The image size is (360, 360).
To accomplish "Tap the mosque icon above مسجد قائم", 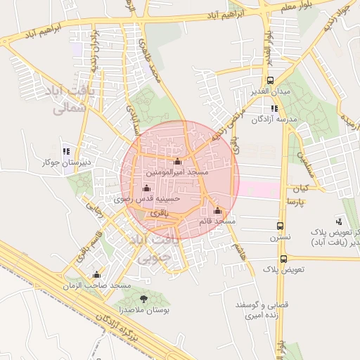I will coord(217,210).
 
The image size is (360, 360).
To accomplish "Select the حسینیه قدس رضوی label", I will coord(153,199).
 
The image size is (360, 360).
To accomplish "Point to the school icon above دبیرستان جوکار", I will coord(66,151).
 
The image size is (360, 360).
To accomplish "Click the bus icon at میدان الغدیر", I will coord(271,82).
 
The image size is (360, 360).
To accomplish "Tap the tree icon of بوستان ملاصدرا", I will coord(143,299).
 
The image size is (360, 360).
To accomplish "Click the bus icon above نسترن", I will coord(281,226).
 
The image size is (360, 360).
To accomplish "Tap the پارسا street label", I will coord(295,201).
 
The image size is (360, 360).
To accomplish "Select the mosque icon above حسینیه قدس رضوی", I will coord(146,188).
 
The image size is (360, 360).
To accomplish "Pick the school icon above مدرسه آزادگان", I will coord(274,108).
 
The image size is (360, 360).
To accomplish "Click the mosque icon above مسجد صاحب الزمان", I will coord(96,274).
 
